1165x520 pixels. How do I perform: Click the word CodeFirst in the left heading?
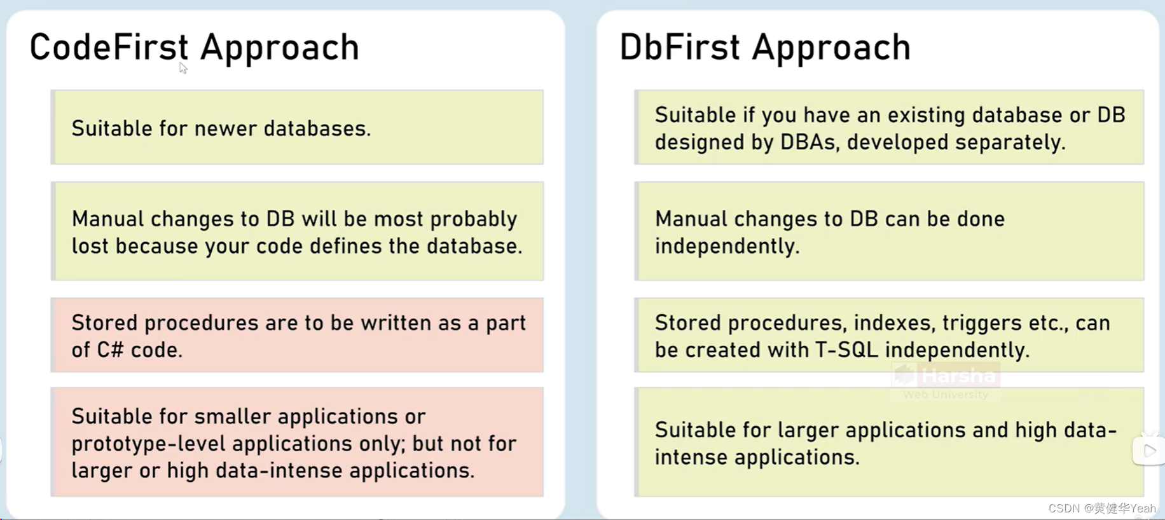[109, 48]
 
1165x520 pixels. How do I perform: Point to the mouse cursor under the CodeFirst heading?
[183, 67]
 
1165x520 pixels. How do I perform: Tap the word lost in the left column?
[90, 246]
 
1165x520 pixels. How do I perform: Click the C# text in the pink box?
[109, 350]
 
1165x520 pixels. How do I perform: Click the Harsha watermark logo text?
[958, 376]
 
